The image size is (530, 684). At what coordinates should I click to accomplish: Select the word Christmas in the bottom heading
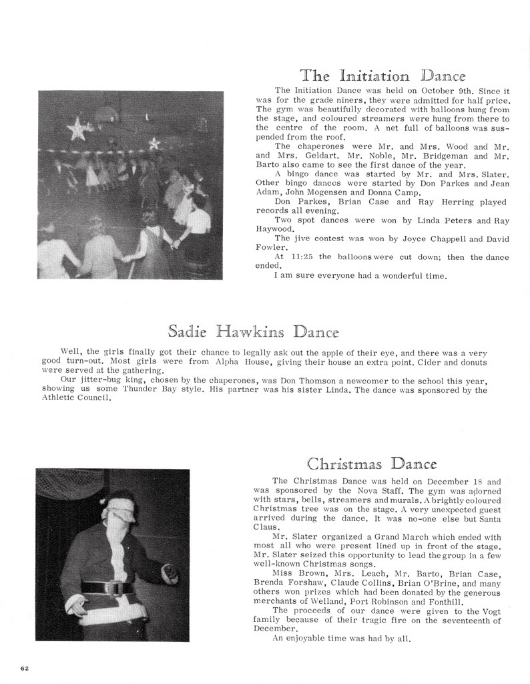pos(345,464)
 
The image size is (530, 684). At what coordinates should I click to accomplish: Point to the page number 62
pos(25,667)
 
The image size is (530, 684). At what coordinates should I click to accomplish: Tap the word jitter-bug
pos(98,380)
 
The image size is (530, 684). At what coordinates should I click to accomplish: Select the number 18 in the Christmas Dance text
pos(477,481)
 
